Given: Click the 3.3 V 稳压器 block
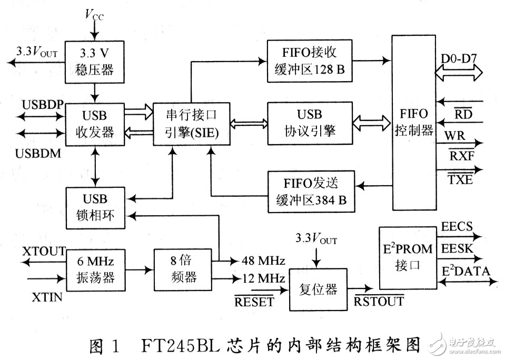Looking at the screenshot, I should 95,62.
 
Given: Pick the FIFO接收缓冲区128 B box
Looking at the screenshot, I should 310,61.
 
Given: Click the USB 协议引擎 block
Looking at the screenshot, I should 310,124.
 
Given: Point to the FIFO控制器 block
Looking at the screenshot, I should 414,122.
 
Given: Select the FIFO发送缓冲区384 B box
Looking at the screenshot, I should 310,192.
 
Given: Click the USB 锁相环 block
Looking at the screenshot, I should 95,207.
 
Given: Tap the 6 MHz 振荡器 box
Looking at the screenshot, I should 95,268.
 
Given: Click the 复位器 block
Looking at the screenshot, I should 318,289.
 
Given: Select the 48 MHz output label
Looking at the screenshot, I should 263,261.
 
